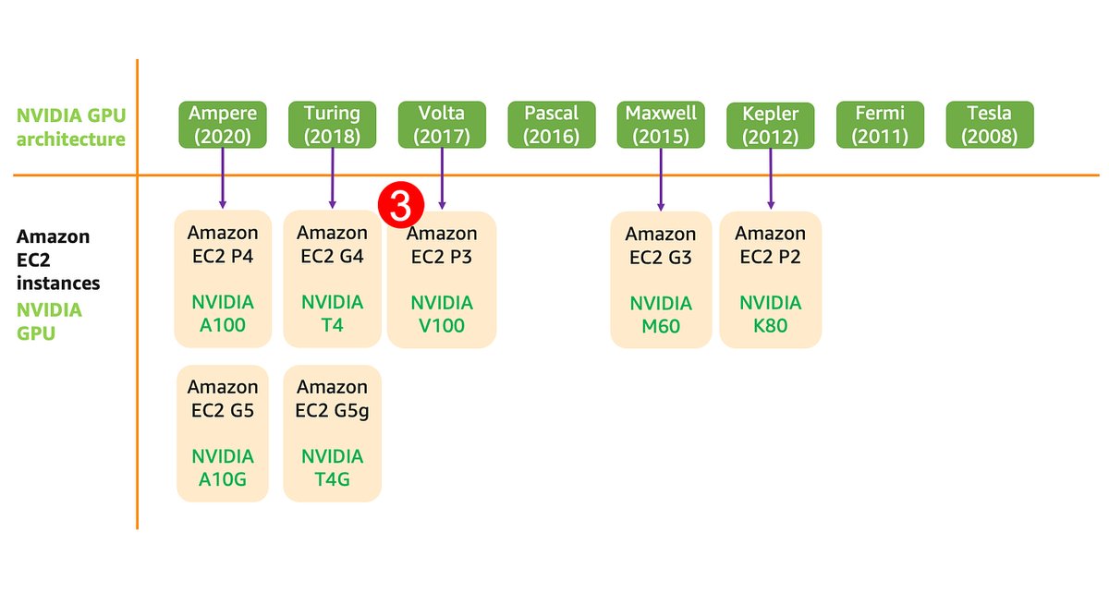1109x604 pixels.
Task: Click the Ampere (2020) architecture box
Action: pos(223,125)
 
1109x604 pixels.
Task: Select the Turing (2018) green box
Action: pos(332,125)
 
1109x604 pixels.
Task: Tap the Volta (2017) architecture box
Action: pos(442,125)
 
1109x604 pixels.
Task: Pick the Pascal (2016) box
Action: pos(551,125)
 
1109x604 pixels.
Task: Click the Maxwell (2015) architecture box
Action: pos(661,125)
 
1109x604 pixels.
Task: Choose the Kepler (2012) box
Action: pos(770,126)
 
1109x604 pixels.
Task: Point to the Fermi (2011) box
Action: pos(880,125)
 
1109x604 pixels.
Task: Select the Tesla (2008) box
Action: pos(989,125)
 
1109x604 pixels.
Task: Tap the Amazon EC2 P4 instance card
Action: pos(223,278)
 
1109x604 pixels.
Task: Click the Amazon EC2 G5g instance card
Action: pos(332,433)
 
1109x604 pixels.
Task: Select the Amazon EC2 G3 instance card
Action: pos(661,279)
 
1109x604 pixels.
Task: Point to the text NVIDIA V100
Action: pos(442,314)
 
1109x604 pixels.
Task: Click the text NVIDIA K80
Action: pos(770,314)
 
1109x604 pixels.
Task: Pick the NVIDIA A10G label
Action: pos(223,467)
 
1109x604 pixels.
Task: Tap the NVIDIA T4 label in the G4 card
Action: pos(332,314)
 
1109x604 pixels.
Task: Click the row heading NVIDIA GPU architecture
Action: pos(70,127)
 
